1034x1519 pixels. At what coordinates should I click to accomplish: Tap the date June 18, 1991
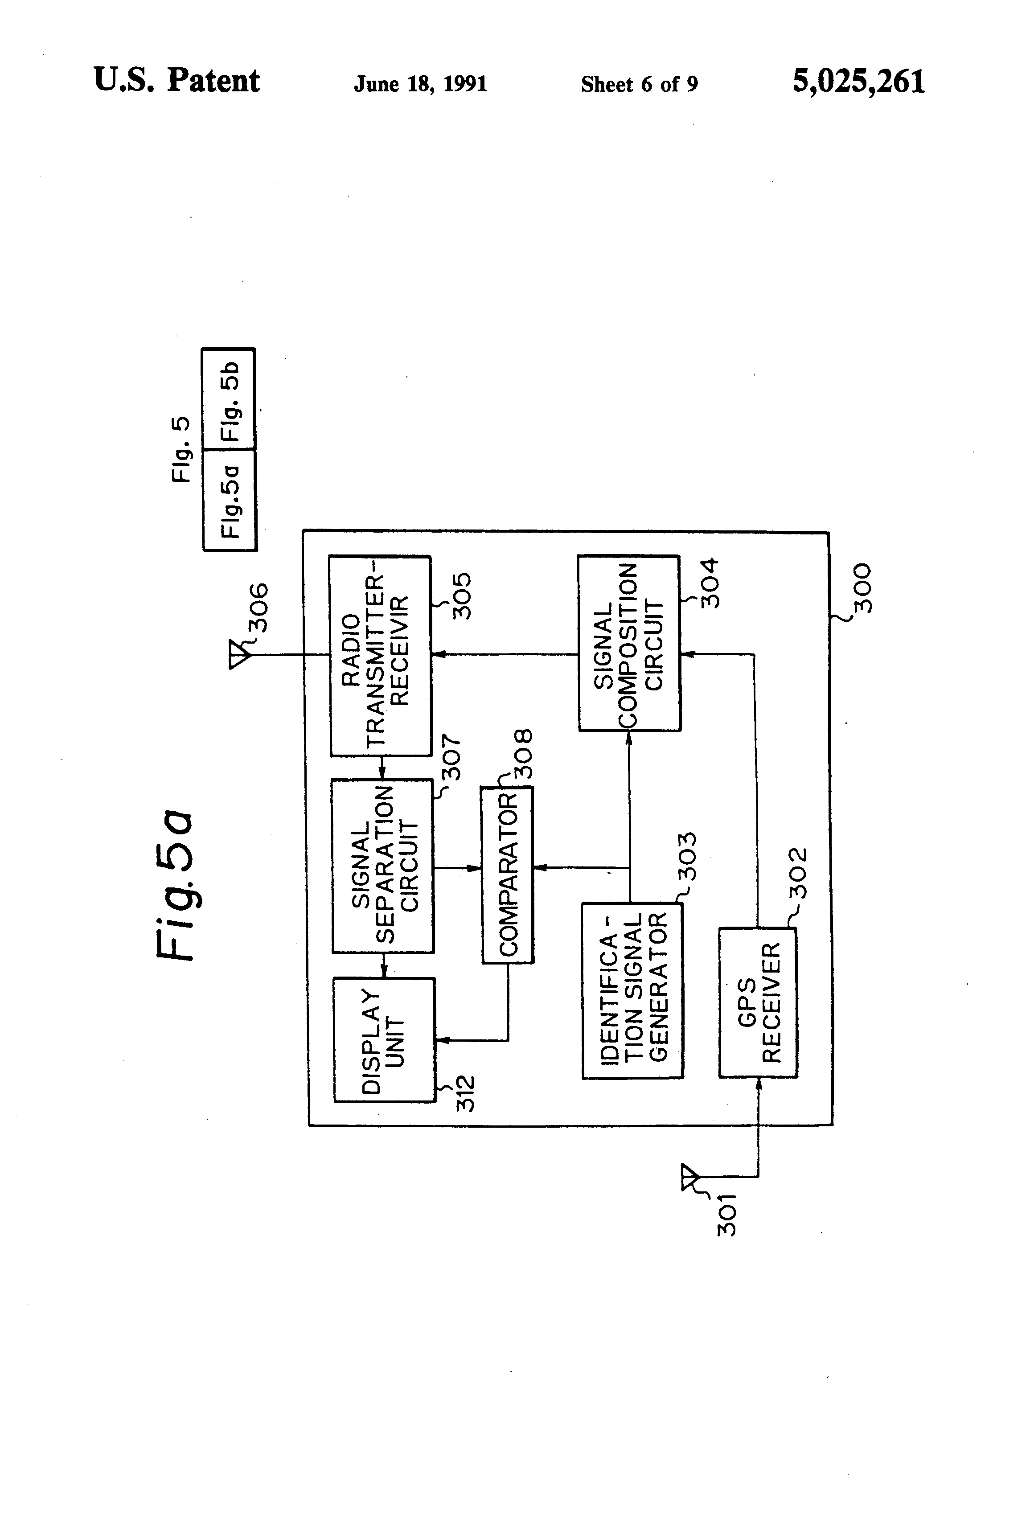coord(420,84)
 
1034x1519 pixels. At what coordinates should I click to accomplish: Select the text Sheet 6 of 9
coord(639,84)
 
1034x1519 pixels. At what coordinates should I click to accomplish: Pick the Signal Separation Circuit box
coord(382,866)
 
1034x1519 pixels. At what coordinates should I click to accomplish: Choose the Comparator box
coord(507,874)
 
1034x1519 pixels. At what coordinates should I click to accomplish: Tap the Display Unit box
coord(384,1039)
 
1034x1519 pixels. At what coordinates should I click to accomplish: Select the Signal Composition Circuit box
coord(629,643)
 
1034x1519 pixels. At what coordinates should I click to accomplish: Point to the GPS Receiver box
coord(758,1002)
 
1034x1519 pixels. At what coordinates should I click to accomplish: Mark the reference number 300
coord(862,587)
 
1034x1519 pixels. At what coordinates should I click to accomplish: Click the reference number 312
coord(465,1093)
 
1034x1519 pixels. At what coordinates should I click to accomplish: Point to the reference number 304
coord(709,583)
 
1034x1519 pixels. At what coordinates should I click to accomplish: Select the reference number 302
coord(797,873)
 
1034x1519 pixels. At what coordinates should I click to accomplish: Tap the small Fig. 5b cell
coord(229,399)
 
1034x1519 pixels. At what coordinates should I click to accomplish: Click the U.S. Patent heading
coord(176,81)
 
